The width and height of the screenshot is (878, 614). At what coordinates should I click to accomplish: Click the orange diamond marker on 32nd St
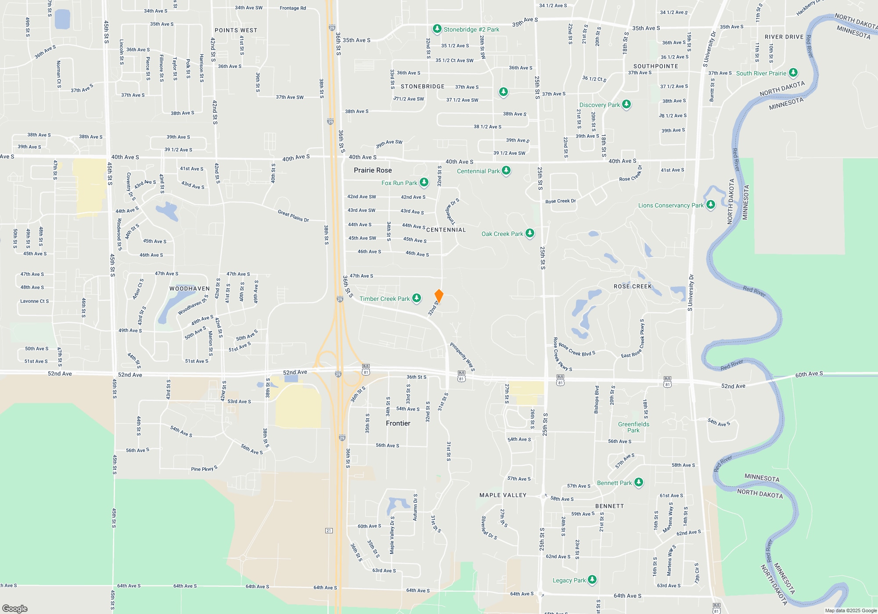[x=439, y=295]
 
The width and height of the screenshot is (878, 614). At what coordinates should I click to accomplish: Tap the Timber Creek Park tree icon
[x=417, y=298]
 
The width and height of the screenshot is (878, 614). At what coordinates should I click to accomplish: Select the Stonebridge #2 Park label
[x=471, y=29]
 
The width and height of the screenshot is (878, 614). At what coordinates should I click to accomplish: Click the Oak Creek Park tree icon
[x=530, y=233]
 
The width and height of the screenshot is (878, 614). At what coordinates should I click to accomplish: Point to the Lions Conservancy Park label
[x=670, y=205]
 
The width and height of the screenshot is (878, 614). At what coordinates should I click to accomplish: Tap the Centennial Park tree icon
[x=506, y=170]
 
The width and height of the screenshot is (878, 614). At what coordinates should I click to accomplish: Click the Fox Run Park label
[x=399, y=183]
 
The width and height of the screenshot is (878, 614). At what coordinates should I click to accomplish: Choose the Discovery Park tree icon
[x=626, y=104]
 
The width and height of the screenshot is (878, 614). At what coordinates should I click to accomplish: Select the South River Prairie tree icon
[x=793, y=72]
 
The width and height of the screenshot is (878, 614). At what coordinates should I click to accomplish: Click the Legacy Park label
[x=569, y=580]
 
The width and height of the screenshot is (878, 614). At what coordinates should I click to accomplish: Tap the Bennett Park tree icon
[x=639, y=482]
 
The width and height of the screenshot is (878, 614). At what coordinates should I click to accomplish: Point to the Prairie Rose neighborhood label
[x=373, y=170]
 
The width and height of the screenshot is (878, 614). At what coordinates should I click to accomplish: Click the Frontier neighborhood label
[x=398, y=423]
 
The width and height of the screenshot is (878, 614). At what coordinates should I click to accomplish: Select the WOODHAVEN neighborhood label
[x=190, y=289]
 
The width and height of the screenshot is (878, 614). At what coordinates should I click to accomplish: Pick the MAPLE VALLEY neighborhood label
[x=503, y=495]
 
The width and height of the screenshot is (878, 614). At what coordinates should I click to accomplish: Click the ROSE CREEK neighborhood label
[x=633, y=286]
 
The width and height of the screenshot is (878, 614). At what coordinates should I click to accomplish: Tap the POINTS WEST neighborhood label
[x=236, y=30]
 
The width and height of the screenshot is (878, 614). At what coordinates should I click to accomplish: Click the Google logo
[x=15, y=608]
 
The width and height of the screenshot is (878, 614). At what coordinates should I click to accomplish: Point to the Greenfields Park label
[x=633, y=427]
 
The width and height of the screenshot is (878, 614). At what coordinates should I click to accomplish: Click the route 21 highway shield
[x=329, y=531]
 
